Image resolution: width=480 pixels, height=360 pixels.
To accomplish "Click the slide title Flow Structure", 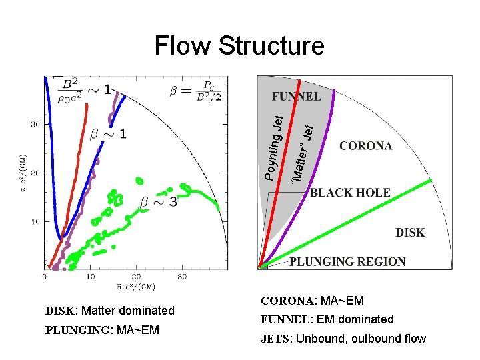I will [239, 46].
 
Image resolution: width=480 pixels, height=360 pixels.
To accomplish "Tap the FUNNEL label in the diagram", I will [296, 97].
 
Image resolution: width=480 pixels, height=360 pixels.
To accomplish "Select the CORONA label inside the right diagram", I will [366, 146].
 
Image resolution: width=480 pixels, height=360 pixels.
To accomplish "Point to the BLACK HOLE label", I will [350, 193].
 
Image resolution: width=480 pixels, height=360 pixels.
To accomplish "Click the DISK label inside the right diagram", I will [410, 233].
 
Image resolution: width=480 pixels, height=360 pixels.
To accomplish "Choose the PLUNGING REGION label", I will [347, 262].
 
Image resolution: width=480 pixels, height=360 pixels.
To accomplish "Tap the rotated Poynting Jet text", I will [275, 147].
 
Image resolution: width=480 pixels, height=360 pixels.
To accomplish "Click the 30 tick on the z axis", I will [36, 124].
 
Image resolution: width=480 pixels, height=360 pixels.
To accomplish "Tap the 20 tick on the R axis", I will [135, 276].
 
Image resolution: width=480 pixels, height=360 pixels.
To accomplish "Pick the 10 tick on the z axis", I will [36, 221].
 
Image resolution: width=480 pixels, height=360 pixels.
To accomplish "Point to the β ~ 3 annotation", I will [159, 201].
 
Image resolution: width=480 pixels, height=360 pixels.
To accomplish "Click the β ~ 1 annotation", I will [108, 134].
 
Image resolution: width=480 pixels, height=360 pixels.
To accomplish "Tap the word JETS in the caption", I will [273, 339].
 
